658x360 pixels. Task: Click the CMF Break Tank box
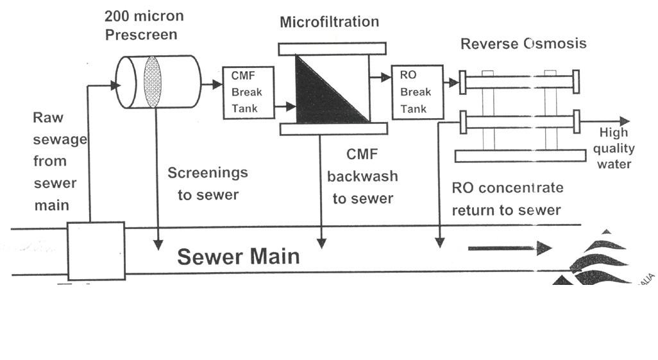(248, 92)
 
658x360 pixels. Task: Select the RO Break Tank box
(417, 92)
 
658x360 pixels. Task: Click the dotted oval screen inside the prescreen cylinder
(153, 82)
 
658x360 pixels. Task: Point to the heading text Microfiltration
(329, 22)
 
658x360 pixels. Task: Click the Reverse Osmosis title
(523, 44)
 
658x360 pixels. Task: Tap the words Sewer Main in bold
(238, 257)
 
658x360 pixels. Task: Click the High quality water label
(616, 148)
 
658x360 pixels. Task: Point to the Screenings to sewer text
(207, 184)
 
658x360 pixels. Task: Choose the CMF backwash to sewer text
(362, 176)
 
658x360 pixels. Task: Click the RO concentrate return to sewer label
(507, 199)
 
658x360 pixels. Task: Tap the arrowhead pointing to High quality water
(624, 121)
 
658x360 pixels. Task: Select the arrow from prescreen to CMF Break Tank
(211, 83)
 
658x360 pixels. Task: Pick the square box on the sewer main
(96, 251)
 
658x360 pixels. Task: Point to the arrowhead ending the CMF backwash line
(321, 243)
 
